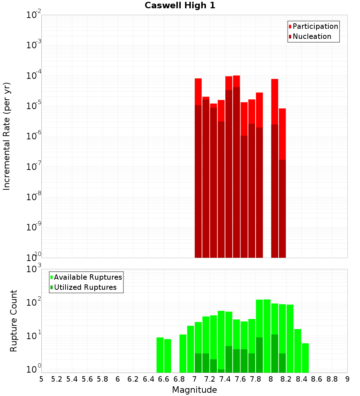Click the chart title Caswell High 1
click(x=180, y=6)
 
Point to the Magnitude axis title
click(x=194, y=390)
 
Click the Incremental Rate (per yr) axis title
click(x=7, y=136)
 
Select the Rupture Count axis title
click(x=14, y=321)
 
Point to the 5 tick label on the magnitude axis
click(x=41, y=379)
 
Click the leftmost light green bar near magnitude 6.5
click(x=160, y=355)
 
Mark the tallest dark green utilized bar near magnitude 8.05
click(x=275, y=353)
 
